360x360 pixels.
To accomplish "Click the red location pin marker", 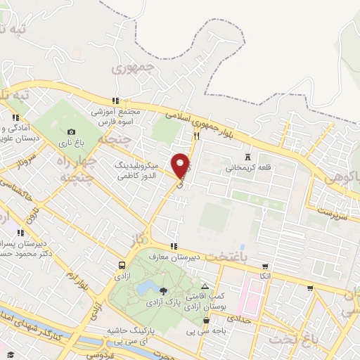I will (x=181, y=166).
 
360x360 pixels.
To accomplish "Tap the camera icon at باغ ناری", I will (x=72, y=131).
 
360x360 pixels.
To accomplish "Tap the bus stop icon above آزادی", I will (x=122, y=265).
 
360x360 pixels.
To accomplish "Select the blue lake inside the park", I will (x=148, y=288).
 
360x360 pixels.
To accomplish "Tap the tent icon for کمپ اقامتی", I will (x=205, y=287).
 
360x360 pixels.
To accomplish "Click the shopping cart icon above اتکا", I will (x=265, y=266).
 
